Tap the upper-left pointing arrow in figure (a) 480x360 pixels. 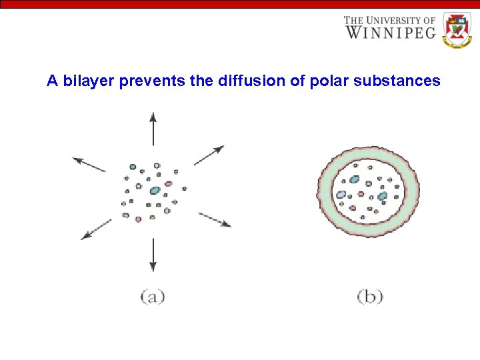tap(89, 164)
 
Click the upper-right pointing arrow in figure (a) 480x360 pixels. tap(209, 155)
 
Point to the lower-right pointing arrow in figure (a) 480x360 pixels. tap(215, 220)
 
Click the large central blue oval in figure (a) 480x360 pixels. tap(155, 191)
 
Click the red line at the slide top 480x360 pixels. tap(240, 4)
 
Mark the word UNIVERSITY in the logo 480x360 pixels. tap(398, 20)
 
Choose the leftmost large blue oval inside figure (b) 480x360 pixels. tap(341, 195)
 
